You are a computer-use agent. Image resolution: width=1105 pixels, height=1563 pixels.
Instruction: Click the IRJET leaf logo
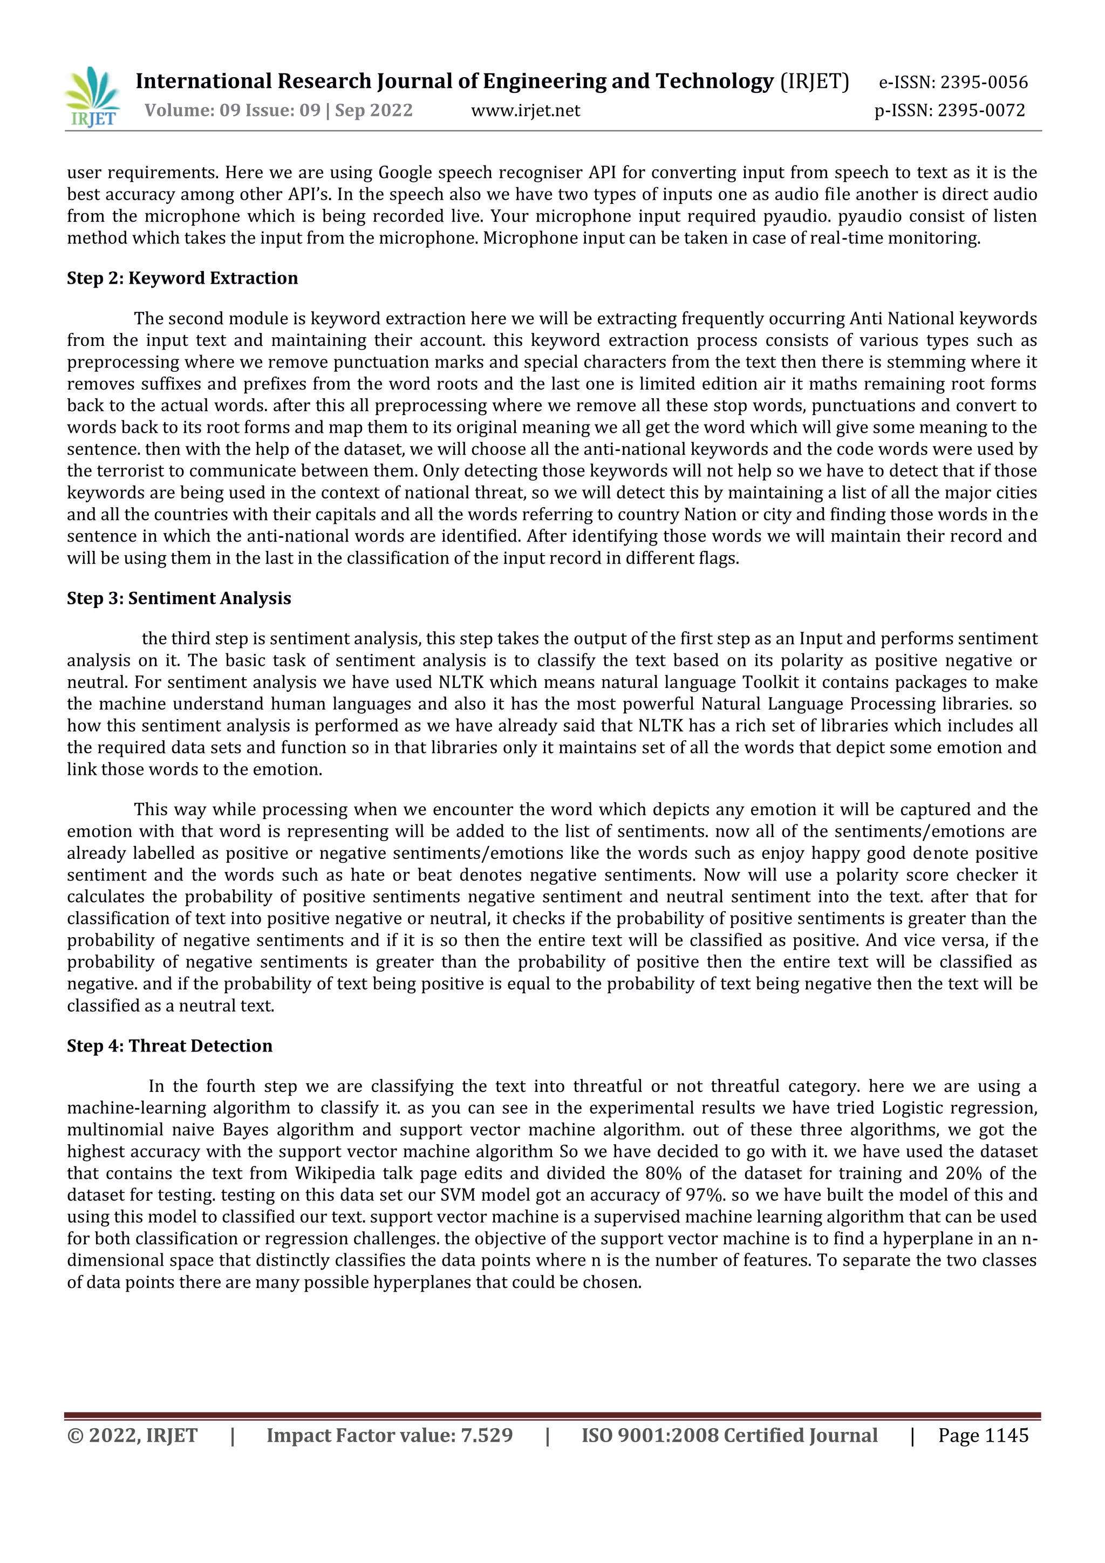(x=93, y=97)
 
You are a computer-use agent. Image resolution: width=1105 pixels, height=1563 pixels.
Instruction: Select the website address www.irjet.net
(x=525, y=110)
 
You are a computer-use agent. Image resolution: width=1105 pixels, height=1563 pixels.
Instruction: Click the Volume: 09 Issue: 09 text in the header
(x=231, y=110)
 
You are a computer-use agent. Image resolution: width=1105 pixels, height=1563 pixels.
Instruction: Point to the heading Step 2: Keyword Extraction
(x=182, y=278)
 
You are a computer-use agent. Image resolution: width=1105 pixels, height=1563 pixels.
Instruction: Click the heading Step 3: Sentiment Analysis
(x=179, y=598)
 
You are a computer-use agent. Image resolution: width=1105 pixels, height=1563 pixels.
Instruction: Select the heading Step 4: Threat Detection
(x=169, y=1046)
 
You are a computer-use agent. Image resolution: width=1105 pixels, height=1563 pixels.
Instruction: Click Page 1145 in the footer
(x=983, y=1435)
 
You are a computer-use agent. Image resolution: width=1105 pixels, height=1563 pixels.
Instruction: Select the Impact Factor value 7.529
(x=486, y=1435)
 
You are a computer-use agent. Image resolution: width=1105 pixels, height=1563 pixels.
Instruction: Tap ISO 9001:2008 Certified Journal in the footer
(x=728, y=1435)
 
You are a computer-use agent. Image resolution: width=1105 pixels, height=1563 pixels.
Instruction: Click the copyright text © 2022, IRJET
(x=132, y=1435)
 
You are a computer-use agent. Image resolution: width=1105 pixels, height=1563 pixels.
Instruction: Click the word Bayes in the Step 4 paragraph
(x=244, y=1129)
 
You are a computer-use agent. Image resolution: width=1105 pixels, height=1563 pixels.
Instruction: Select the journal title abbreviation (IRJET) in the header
(x=814, y=81)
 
